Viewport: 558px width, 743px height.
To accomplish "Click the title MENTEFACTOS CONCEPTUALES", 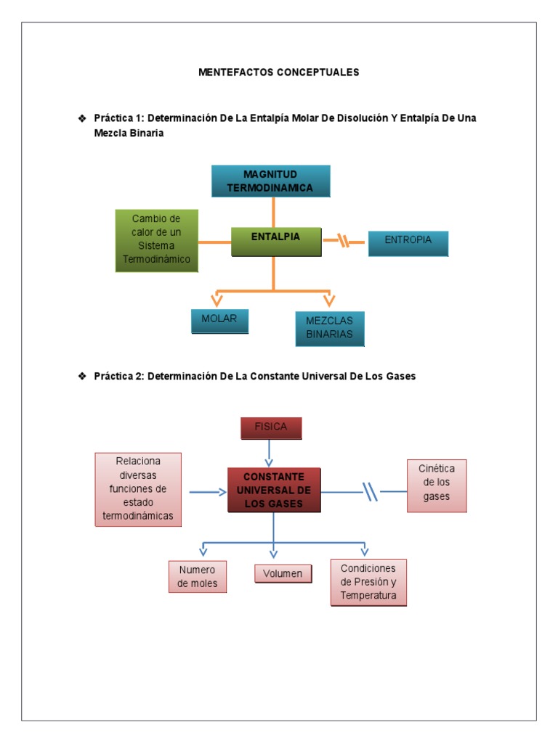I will coord(278,73).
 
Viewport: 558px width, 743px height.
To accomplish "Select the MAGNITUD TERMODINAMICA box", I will coord(270,181).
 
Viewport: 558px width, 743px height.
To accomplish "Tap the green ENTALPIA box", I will coord(275,241).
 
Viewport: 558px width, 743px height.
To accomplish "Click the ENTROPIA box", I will coord(408,243).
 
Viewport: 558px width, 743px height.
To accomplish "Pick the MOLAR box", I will coord(219,321).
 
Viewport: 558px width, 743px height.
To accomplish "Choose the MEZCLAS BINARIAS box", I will coord(329,329).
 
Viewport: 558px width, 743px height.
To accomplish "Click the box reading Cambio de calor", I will coord(157,239).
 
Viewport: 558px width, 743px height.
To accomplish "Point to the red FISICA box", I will coord(271,428).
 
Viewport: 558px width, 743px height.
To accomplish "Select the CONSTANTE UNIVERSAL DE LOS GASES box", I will coord(274,490).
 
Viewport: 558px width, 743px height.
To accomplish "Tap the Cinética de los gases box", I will coord(437,485).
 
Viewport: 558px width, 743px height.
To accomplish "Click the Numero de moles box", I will coord(198,577).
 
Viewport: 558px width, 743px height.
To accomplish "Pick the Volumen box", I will coord(283,574).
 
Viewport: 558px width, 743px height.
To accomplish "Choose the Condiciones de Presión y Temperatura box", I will coord(368,582).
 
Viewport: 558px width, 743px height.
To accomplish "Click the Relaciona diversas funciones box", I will coord(138,489).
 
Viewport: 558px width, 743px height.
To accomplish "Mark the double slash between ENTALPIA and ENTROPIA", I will coord(344,240).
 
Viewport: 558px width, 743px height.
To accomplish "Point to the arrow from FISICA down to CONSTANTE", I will coord(270,453).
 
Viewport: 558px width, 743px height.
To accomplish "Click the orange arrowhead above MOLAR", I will coord(217,300).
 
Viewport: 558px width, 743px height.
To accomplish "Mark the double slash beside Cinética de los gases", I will coord(371,492).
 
